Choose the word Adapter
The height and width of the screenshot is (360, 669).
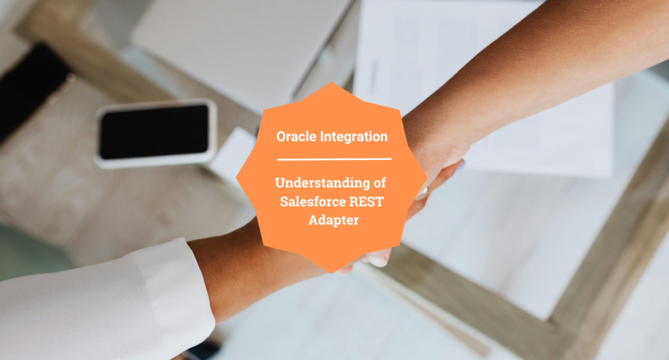click(334, 220)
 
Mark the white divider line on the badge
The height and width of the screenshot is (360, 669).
click(334, 159)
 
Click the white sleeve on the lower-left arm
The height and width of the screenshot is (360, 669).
click(98, 307)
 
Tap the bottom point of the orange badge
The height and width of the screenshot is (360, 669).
click(334, 273)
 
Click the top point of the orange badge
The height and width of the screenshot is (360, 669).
click(334, 83)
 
